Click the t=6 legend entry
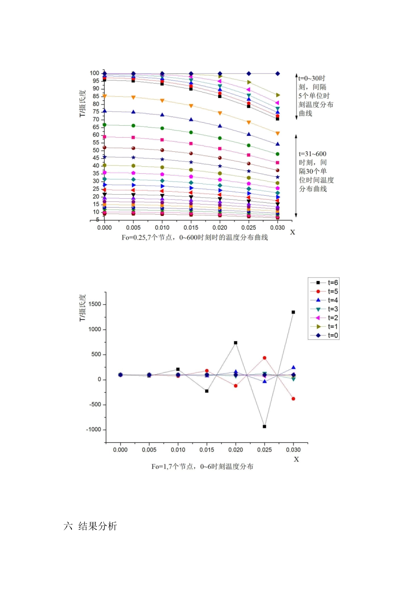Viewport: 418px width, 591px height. pos(324,283)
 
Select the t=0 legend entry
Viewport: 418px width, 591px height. pos(324,336)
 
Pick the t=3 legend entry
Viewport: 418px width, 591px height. pos(324,309)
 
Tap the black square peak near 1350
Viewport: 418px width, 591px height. pos(293,312)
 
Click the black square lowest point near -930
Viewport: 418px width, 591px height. pos(264,427)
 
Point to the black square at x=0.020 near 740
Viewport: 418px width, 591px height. pos(236,343)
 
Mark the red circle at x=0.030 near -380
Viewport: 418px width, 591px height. pos(293,399)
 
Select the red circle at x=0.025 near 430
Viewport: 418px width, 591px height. pos(264,358)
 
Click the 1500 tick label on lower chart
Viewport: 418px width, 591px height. pos(95,304)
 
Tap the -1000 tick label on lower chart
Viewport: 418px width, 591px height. pos(94,430)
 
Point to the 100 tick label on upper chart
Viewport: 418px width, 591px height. pos(95,73)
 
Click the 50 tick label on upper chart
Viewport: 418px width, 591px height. pos(96,150)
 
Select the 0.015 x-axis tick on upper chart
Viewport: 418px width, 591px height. pos(191,228)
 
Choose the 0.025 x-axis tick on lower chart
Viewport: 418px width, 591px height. pos(264,450)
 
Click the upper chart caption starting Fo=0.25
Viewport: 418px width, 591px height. pos(194,237)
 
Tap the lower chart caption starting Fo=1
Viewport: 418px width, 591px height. pos(202,467)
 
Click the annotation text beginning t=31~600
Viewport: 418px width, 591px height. pos(316,171)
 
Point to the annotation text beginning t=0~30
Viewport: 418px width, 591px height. pos(315,95)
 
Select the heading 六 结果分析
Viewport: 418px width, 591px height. pos(91,526)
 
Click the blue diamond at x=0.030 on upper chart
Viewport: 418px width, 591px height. pos(278,73)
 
